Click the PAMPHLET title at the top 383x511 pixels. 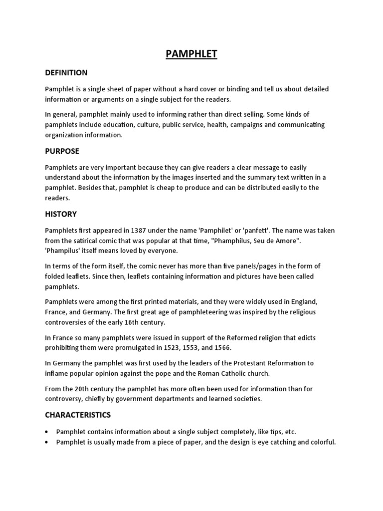click(x=191, y=54)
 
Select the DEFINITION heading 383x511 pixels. click(x=66, y=73)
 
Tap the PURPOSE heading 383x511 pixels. click(x=62, y=151)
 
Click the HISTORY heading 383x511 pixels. click(x=61, y=214)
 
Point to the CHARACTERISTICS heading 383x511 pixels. click(x=78, y=415)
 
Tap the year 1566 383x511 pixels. click(x=223, y=347)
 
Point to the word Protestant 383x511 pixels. click(x=239, y=363)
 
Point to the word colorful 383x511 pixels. click(x=323, y=442)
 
